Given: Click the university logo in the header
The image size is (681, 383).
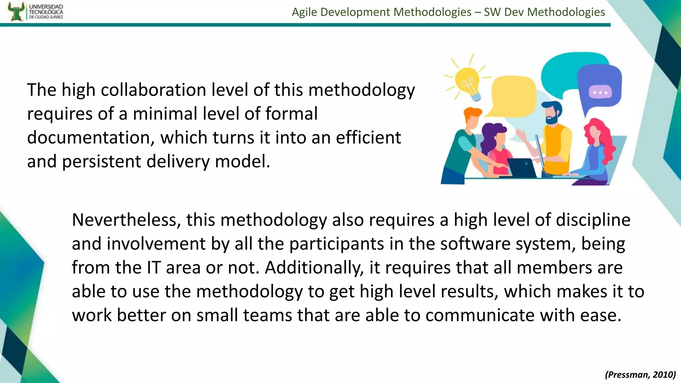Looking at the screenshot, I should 35,12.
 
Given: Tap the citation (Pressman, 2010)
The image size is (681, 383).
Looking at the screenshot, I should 640,374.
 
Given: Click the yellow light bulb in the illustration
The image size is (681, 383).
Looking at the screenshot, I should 467,81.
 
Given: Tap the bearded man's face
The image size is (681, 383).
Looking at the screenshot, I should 552,115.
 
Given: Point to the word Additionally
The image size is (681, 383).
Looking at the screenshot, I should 314,268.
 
